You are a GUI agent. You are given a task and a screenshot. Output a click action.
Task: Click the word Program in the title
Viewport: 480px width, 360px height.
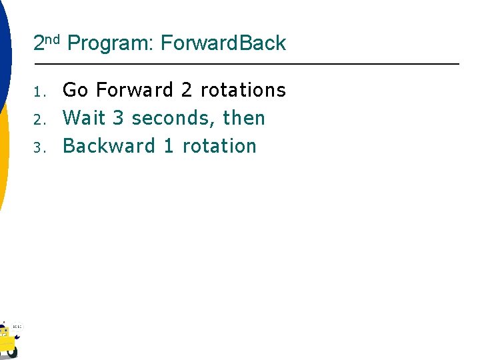[x=110, y=44]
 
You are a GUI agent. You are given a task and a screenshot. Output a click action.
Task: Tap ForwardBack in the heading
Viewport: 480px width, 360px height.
[x=223, y=43]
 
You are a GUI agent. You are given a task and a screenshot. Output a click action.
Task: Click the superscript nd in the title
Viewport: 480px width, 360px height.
[x=53, y=39]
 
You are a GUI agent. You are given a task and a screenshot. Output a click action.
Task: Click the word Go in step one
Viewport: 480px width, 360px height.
[x=75, y=90]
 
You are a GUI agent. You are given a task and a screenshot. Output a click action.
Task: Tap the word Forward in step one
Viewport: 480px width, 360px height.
[x=135, y=90]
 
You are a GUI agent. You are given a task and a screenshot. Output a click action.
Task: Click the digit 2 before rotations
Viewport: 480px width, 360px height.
[x=187, y=90]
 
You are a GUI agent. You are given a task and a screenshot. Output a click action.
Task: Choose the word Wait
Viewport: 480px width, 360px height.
[x=84, y=118]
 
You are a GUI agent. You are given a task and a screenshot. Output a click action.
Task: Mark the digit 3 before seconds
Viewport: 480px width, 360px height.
[x=119, y=118]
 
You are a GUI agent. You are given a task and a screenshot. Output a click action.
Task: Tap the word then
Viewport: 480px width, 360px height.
[x=244, y=118]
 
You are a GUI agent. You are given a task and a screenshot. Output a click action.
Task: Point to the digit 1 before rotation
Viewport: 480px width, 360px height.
[x=169, y=146]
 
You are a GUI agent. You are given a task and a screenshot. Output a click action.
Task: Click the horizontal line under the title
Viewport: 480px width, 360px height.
[x=247, y=64]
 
